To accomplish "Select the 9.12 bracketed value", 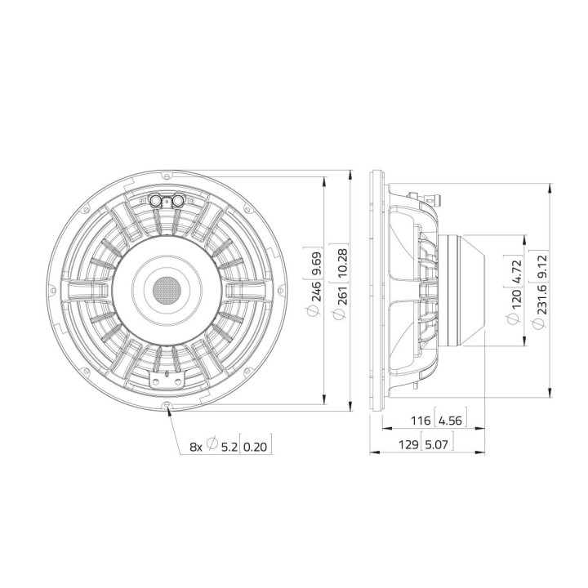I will (x=537, y=266).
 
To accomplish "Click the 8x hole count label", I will (x=195, y=446).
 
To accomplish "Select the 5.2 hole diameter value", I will (x=228, y=446).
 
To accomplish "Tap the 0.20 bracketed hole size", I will (x=256, y=446).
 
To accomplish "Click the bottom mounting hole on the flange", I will (x=167, y=406).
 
